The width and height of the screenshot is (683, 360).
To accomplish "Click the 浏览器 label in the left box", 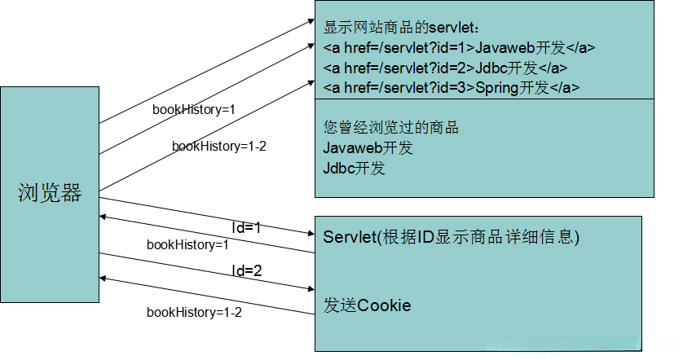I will pyautogui.click(x=50, y=193).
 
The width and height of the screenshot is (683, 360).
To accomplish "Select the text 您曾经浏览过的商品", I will pyautogui.click(x=391, y=128).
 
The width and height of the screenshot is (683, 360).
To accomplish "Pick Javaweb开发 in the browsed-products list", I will pyautogui.click(x=368, y=148).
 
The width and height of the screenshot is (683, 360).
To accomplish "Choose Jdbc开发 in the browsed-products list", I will pyautogui.click(x=354, y=169).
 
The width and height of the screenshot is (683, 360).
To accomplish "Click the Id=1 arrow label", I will pyautogui.click(x=246, y=228).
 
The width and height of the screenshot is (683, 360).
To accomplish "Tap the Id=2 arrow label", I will pyautogui.click(x=246, y=270).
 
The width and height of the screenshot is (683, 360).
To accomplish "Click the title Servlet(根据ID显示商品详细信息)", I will pyautogui.click(x=451, y=237).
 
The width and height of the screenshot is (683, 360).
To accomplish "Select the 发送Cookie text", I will pyautogui.click(x=367, y=305).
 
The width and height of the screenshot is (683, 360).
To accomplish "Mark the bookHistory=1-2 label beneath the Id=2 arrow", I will pyautogui.click(x=194, y=312).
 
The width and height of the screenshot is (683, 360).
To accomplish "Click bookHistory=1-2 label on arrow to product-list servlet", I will pyautogui.click(x=219, y=146).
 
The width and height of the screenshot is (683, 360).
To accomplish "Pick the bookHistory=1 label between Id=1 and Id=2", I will pyautogui.click(x=187, y=244).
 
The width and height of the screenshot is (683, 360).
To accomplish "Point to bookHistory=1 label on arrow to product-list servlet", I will pyautogui.click(x=194, y=109).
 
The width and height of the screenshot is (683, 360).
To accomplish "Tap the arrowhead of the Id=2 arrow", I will pyautogui.click(x=310, y=288).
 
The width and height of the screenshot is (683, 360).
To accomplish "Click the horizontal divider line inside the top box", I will pyautogui.click(x=484, y=99).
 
